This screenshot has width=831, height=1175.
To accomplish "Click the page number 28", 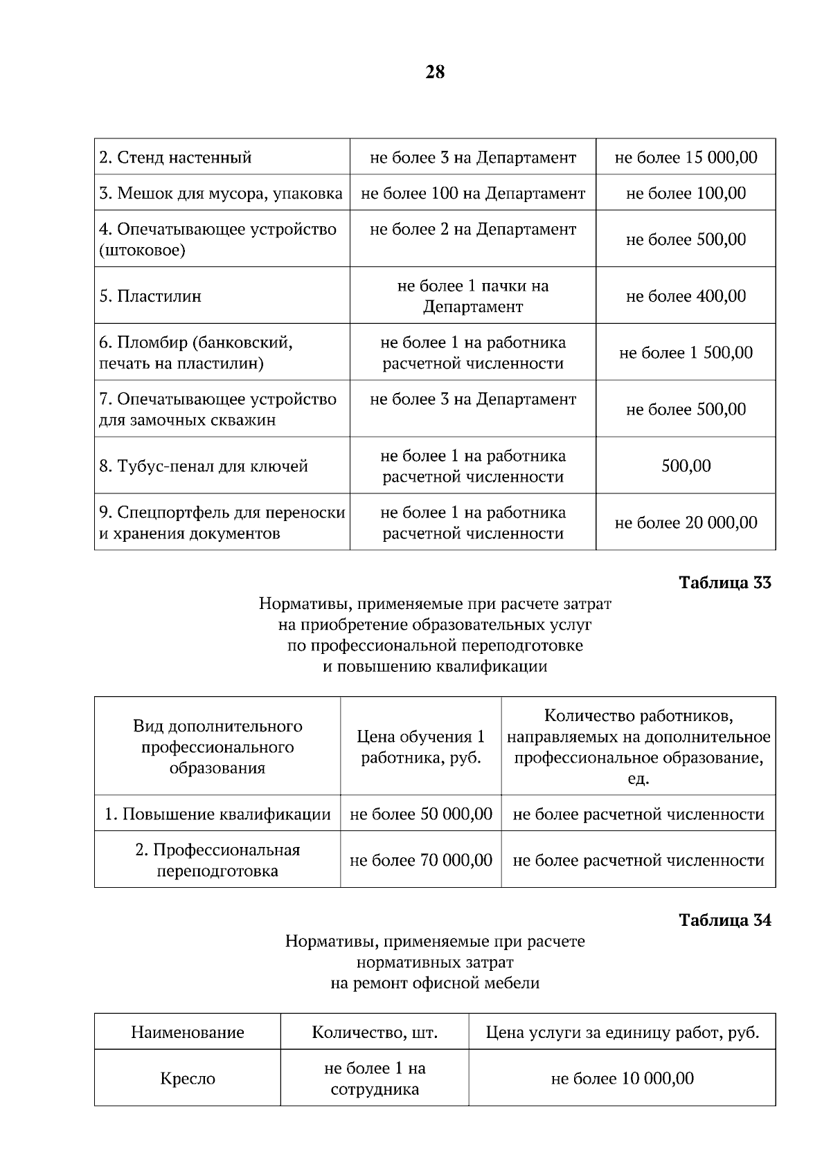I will pyautogui.click(x=435, y=72).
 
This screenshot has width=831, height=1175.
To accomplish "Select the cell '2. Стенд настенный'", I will pyautogui.click(x=175, y=158).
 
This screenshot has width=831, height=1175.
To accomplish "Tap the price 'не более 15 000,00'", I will pyautogui.click(x=686, y=158).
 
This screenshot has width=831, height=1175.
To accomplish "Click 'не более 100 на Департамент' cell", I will pyautogui.click(x=473, y=193).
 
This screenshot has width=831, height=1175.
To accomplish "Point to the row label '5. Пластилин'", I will pyautogui.click(x=150, y=296).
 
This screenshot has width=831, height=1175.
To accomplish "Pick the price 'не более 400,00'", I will pyautogui.click(x=686, y=296).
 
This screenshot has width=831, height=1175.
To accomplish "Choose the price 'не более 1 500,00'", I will pyautogui.click(x=686, y=353).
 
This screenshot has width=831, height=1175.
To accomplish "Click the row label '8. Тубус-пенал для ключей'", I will pyautogui.click(x=204, y=466).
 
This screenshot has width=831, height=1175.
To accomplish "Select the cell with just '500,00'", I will pyautogui.click(x=686, y=466).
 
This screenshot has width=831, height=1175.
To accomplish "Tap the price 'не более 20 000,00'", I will pyautogui.click(x=686, y=523).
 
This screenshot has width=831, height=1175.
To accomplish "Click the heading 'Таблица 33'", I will pyautogui.click(x=725, y=583).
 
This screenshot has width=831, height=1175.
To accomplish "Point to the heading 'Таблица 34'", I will pyautogui.click(x=725, y=920).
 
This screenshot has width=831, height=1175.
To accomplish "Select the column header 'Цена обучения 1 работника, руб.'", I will pyautogui.click(x=421, y=747).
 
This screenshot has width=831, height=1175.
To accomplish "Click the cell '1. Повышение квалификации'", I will pyautogui.click(x=217, y=814).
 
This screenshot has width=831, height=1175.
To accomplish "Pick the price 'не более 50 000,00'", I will pyautogui.click(x=421, y=814).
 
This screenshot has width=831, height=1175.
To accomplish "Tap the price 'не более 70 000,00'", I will pyautogui.click(x=421, y=861).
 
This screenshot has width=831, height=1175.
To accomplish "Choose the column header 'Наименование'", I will pyautogui.click(x=188, y=1033).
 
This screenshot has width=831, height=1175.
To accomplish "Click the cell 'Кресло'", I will pyautogui.click(x=188, y=1079).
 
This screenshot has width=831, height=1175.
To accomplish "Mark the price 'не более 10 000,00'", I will pyautogui.click(x=622, y=1079).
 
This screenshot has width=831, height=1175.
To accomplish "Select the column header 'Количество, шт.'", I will pyautogui.click(x=375, y=1033).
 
